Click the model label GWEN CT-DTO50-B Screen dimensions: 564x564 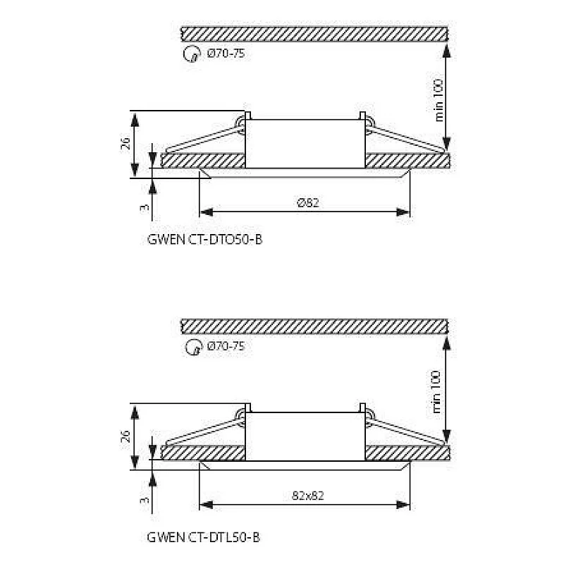click(x=204, y=240)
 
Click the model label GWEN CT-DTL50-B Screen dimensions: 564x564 click(x=204, y=538)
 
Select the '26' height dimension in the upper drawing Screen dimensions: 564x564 click(x=125, y=144)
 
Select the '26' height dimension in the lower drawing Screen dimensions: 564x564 click(x=125, y=435)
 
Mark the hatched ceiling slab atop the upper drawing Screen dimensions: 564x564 click(x=314, y=33)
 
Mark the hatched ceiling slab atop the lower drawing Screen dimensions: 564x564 click(x=314, y=326)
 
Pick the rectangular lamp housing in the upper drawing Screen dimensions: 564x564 click(x=305, y=143)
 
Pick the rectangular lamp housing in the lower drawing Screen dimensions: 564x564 click(x=305, y=436)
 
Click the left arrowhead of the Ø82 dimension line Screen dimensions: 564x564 click(x=205, y=211)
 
